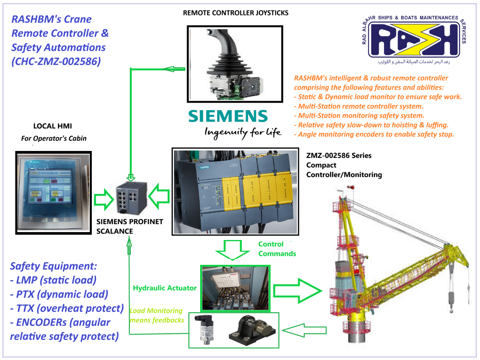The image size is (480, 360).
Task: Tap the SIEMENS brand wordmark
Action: [228, 116]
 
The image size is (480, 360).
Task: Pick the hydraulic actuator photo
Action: [235, 288]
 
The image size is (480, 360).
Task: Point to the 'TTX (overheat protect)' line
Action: [66, 308]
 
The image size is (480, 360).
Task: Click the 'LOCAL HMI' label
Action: [52, 126]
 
